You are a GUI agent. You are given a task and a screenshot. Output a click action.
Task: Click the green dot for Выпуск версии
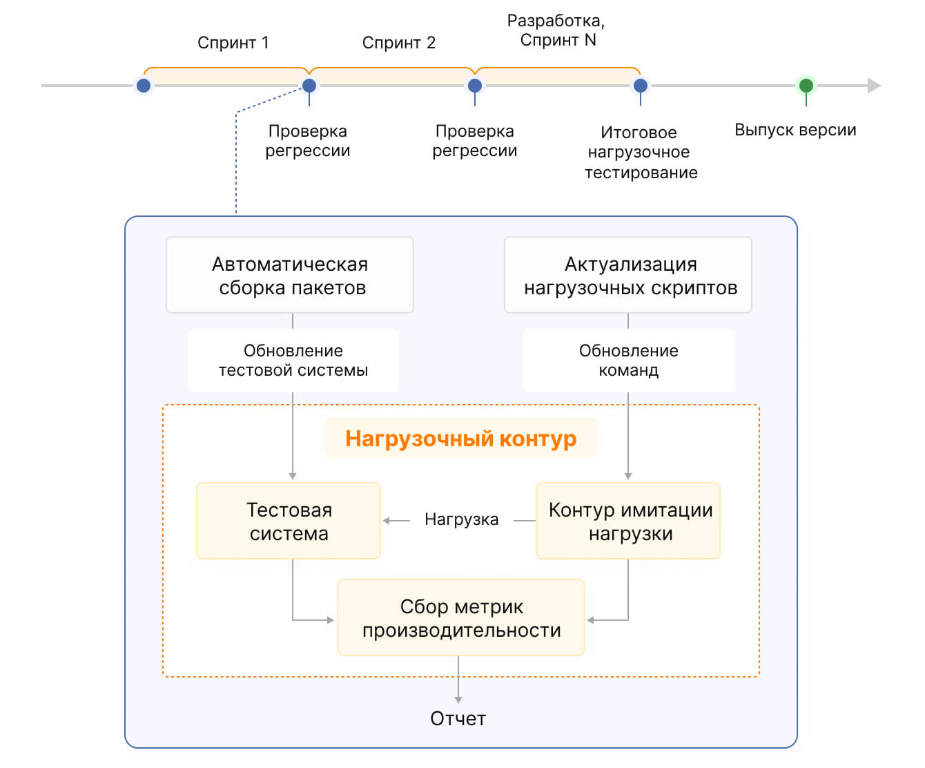[x=806, y=85]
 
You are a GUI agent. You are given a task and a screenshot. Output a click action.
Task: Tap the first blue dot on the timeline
[x=144, y=86]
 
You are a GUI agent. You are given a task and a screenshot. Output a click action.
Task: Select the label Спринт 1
[x=233, y=43]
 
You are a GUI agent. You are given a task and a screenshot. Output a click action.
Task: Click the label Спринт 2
[x=399, y=43]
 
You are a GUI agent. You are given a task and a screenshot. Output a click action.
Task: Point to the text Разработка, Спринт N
[x=556, y=30]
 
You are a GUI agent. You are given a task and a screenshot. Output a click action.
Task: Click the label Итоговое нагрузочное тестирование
[x=641, y=152]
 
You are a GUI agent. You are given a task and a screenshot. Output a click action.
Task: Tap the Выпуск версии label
[x=795, y=130]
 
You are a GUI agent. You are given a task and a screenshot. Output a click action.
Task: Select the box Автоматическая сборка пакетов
[x=290, y=275]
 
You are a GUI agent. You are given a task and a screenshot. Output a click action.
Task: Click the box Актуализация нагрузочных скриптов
[x=627, y=275]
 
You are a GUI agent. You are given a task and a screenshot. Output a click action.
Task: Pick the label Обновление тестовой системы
[x=293, y=360]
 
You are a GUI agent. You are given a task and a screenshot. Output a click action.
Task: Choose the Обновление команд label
[x=628, y=360]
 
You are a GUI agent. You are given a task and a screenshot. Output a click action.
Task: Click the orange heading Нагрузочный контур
[x=460, y=439]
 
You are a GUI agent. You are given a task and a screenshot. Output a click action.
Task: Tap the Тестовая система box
[x=289, y=521]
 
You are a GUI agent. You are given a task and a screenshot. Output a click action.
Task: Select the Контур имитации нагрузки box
[x=627, y=521]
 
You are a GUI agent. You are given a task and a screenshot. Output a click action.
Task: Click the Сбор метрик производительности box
[x=460, y=617]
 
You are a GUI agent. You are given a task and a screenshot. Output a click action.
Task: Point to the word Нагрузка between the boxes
[x=461, y=519]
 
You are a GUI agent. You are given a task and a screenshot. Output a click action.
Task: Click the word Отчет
[x=458, y=719]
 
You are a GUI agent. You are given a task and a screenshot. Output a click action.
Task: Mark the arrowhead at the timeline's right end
[x=874, y=86]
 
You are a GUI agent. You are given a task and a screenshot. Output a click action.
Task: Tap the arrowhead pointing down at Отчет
[x=458, y=700]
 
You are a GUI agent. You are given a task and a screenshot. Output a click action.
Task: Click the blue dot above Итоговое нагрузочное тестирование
[x=640, y=86]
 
